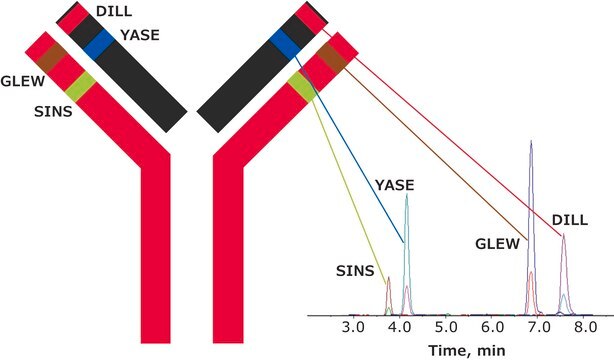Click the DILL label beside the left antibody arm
click(x=114, y=11)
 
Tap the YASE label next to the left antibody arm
click(x=140, y=35)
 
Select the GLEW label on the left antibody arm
click(x=23, y=81)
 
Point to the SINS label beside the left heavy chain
click(x=53, y=112)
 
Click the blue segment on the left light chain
click(x=99, y=45)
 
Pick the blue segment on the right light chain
click(x=285, y=44)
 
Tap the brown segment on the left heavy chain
click(x=52, y=58)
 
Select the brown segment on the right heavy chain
click(x=332, y=58)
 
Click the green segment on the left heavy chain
click(x=80, y=87)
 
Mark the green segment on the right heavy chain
click(x=303, y=87)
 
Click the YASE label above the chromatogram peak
click(x=394, y=185)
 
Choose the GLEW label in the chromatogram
click(x=497, y=244)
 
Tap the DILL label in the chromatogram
click(x=570, y=220)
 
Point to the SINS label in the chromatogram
click(x=355, y=271)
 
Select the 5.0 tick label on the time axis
click(x=446, y=327)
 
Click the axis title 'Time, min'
click(x=467, y=349)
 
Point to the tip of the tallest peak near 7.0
click(x=531, y=140)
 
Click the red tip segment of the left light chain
click(x=73, y=18)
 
